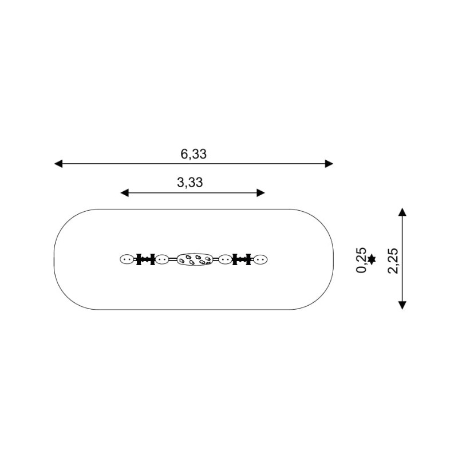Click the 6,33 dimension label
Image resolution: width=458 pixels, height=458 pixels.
194,154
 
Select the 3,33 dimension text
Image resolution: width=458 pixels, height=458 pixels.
190,183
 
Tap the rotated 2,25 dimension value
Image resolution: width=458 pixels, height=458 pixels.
393,260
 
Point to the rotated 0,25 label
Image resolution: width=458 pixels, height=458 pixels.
361,260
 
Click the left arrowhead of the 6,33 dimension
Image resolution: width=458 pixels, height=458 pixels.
58,164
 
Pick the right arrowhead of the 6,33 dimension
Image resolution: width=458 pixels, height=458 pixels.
329,164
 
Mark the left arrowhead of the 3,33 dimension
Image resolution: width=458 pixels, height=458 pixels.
124,193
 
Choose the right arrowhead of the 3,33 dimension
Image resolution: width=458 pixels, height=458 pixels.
261,193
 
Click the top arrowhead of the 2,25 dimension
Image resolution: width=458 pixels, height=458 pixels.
402,212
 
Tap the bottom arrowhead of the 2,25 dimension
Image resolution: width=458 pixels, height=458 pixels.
402,305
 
